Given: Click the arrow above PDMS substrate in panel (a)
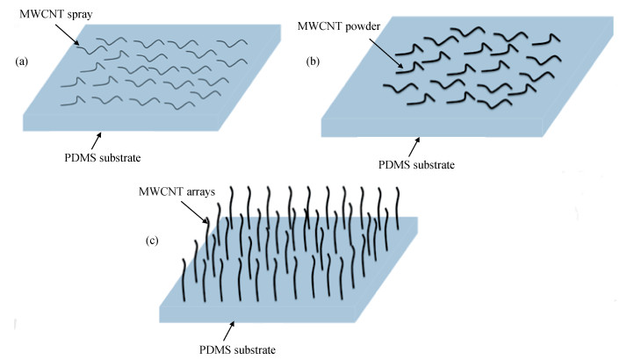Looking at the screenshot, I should pos(95,139).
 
